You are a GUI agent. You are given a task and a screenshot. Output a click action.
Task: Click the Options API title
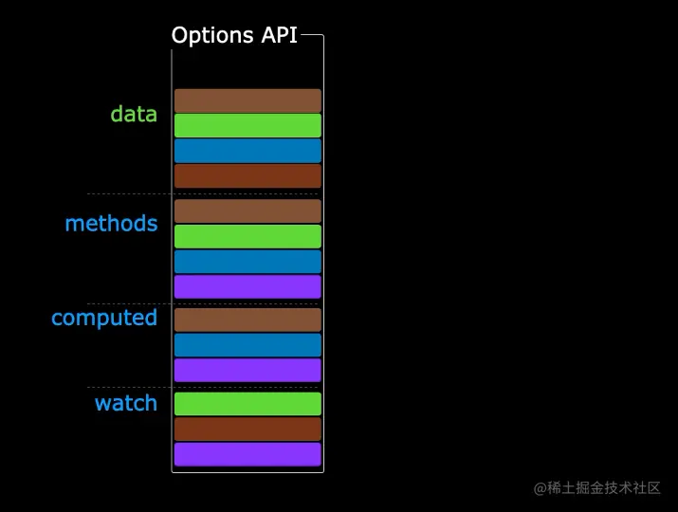click(234, 36)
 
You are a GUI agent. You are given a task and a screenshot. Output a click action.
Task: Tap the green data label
click(134, 115)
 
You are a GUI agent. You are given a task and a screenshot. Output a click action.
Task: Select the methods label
click(111, 224)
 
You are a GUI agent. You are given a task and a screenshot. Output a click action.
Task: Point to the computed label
click(104, 318)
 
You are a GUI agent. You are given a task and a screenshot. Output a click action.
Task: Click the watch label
click(125, 403)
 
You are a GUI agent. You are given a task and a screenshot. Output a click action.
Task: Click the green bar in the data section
click(247, 126)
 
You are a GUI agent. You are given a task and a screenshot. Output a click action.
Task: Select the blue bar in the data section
click(247, 152)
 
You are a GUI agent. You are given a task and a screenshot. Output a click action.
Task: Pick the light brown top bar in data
click(247, 101)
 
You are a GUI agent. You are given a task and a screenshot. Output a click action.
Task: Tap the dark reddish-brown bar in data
click(247, 176)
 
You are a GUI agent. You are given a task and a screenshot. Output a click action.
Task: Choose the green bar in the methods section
click(247, 236)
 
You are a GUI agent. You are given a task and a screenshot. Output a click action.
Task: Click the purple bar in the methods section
click(247, 287)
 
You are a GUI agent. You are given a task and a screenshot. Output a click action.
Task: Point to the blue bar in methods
click(247, 262)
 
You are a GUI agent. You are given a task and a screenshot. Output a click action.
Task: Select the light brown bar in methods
click(247, 210)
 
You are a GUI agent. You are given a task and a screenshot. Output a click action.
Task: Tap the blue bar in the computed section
click(247, 345)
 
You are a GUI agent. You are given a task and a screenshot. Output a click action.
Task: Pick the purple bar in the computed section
click(247, 370)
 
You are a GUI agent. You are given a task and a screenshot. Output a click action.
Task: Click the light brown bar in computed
click(247, 320)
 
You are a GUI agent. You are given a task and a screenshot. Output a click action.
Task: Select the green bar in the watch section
click(247, 404)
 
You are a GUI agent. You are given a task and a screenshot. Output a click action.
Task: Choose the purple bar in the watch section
click(247, 455)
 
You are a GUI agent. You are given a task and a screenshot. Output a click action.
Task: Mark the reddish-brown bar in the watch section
click(247, 430)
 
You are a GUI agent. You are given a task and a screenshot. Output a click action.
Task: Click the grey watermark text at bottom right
click(596, 488)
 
